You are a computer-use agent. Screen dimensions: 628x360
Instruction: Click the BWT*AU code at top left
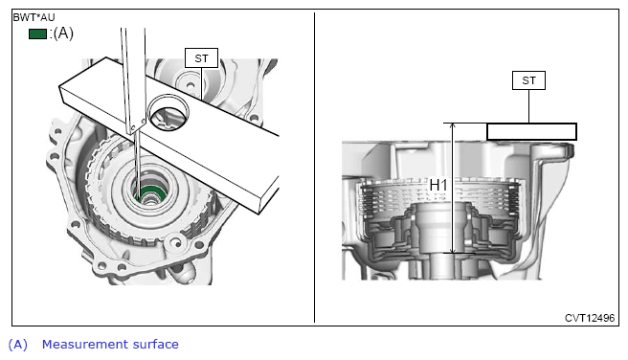pyautogui.click(x=34, y=17)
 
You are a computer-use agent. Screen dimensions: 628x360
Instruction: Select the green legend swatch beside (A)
pyautogui.click(x=37, y=34)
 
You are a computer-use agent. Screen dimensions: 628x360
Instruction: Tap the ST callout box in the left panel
pyautogui.click(x=201, y=58)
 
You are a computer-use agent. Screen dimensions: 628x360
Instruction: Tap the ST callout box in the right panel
pyautogui.click(x=528, y=80)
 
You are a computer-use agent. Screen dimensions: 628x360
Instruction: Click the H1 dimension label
pyautogui.click(x=438, y=185)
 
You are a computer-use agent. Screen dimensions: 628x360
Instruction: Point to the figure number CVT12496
pyautogui.click(x=590, y=318)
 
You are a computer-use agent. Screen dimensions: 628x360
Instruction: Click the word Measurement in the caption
pyautogui.click(x=84, y=345)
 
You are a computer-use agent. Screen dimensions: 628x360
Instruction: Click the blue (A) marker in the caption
pyautogui.click(x=18, y=345)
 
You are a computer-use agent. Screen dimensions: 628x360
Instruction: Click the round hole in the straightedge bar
pyautogui.click(x=168, y=113)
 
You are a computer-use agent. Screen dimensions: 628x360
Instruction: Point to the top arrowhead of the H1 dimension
pyautogui.click(x=453, y=125)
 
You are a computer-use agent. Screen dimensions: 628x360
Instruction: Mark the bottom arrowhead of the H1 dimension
pyautogui.click(x=453, y=250)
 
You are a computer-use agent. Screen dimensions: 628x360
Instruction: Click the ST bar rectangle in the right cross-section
pyautogui.click(x=532, y=132)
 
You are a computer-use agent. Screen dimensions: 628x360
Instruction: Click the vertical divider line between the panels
pyautogui.click(x=314, y=168)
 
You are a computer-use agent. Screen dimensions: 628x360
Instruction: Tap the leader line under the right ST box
pyautogui.click(x=528, y=106)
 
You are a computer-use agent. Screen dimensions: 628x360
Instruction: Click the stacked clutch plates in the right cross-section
pyautogui.click(x=440, y=194)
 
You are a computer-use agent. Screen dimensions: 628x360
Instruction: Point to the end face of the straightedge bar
pyautogui.click(x=268, y=195)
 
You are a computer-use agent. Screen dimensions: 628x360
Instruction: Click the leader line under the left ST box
pyautogui.click(x=201, y=83)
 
